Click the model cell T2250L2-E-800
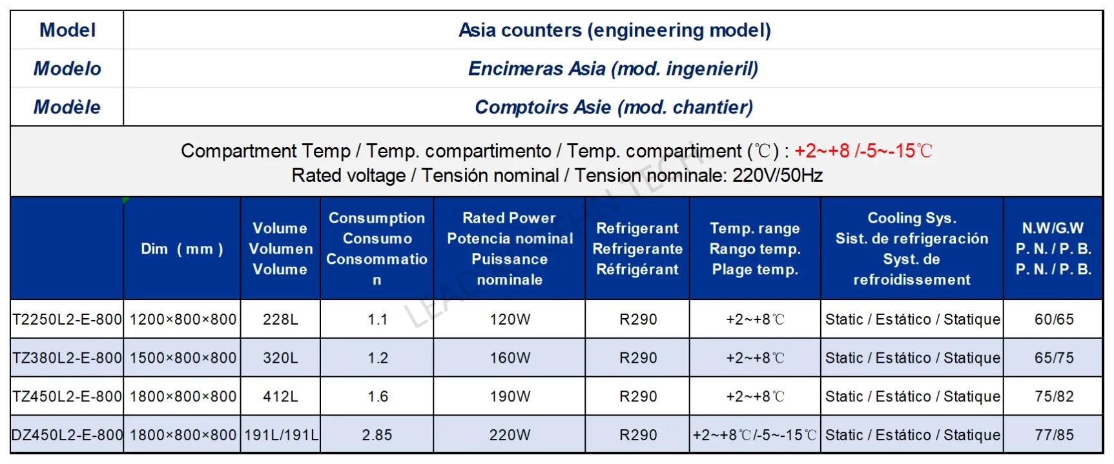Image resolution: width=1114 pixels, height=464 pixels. (x=67, y=319)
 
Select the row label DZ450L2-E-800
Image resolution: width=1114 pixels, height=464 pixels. (x=67, y=435)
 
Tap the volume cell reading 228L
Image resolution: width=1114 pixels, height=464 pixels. (x=280, y=319)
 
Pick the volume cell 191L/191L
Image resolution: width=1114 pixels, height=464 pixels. (x=281, y=435)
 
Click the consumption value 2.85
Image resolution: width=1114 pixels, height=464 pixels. (x=377, y=435)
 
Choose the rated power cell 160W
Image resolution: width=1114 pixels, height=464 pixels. (x=510, y=358)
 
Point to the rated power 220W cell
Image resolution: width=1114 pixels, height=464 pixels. (x=510, y=435)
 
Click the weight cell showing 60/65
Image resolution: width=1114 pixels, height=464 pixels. (x=1054, y=319)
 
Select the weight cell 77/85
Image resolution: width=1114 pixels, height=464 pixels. (x=1054, y=435)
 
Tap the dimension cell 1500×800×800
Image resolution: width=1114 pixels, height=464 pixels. (x=183, y=358)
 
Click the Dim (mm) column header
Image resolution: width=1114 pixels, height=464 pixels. (x=182, y=249)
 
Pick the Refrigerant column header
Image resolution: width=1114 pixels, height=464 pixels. (x=637, y=249)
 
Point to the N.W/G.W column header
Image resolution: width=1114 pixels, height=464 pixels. (x=1053, y=249)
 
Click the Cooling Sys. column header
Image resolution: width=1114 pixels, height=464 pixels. (x=912, y=249)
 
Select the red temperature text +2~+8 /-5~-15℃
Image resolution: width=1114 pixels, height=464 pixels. (x=863, y=151)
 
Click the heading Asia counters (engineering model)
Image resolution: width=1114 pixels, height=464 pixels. (x=615, y=30)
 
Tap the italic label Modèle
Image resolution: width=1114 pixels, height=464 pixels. (x=67, y=107)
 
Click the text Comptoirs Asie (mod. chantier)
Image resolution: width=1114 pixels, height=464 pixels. (x=614, y=107)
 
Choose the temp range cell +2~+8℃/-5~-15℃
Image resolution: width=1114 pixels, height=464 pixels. (x=755, y=435)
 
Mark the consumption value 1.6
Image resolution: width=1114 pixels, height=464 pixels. (x=378, y=397)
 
